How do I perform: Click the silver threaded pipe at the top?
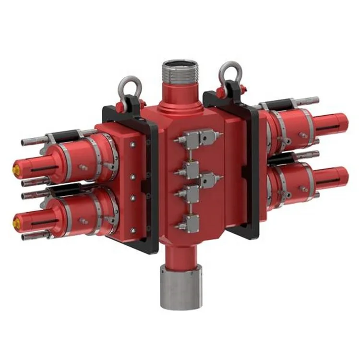click(180, 71)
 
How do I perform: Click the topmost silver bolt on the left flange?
click(132, 143)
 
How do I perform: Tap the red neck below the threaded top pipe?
click(180, 91)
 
